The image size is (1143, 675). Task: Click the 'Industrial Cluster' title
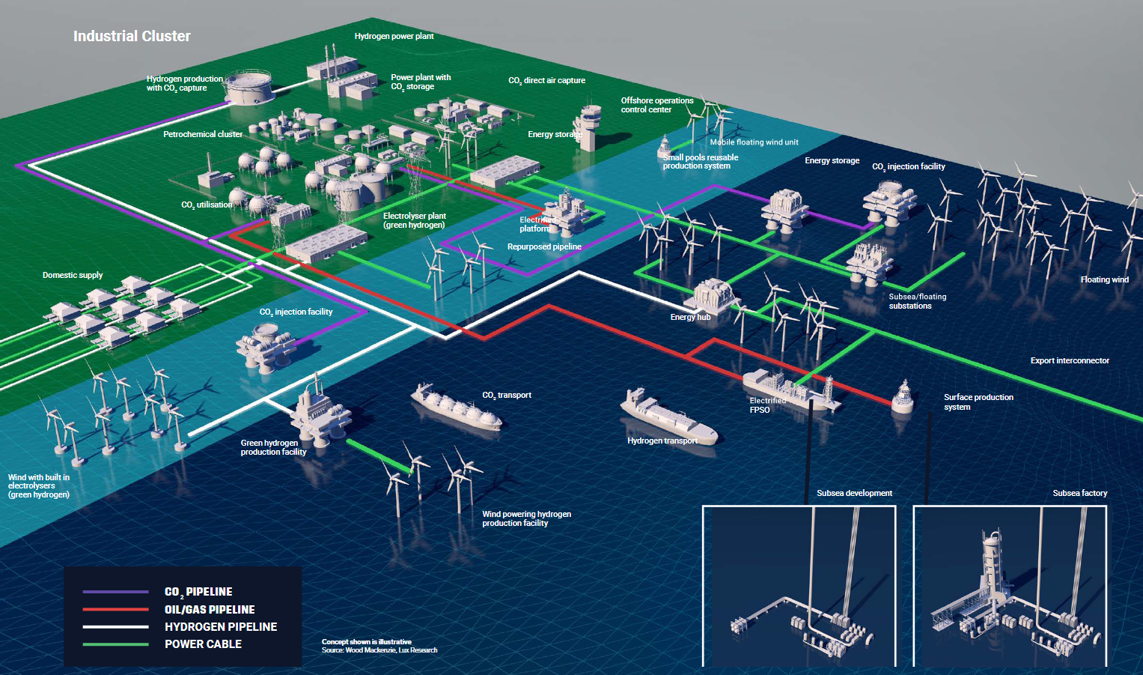pos(132,36)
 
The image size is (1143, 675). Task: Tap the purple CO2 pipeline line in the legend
pos(116,592)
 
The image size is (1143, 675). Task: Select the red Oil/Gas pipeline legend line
pos(116,610)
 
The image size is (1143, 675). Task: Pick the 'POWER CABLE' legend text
pos(203,644)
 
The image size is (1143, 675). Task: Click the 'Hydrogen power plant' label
pos(394,36)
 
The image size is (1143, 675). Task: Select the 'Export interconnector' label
pos(1070,360)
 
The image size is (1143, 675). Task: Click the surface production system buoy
pos(903,397)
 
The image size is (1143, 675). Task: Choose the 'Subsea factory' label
pos(1079,493)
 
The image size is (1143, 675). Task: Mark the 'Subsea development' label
pos(854,493)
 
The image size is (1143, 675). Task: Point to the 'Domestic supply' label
pos(73,275)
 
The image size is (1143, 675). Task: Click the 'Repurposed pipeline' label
pos(544,246)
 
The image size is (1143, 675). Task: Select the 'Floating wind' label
pos(1104,279)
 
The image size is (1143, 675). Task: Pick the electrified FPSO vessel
pos(786,388)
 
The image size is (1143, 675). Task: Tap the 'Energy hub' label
pos(690,317)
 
